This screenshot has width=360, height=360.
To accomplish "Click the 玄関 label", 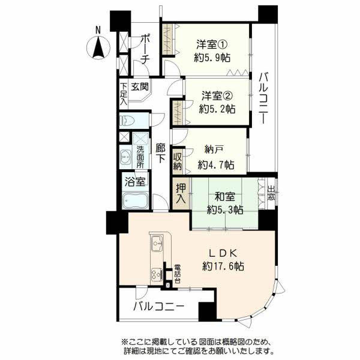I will coord(140,87).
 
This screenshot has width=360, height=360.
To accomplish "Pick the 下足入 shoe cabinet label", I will coord(123,93).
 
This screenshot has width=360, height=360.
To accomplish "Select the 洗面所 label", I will coord(139,157).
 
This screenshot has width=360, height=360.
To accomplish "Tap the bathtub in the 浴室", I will coord(136,200).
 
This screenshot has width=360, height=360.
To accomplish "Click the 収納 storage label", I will coord(178,162).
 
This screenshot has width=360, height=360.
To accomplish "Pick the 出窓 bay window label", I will coord(271,193).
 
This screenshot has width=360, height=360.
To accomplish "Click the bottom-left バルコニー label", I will coord(157,307).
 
